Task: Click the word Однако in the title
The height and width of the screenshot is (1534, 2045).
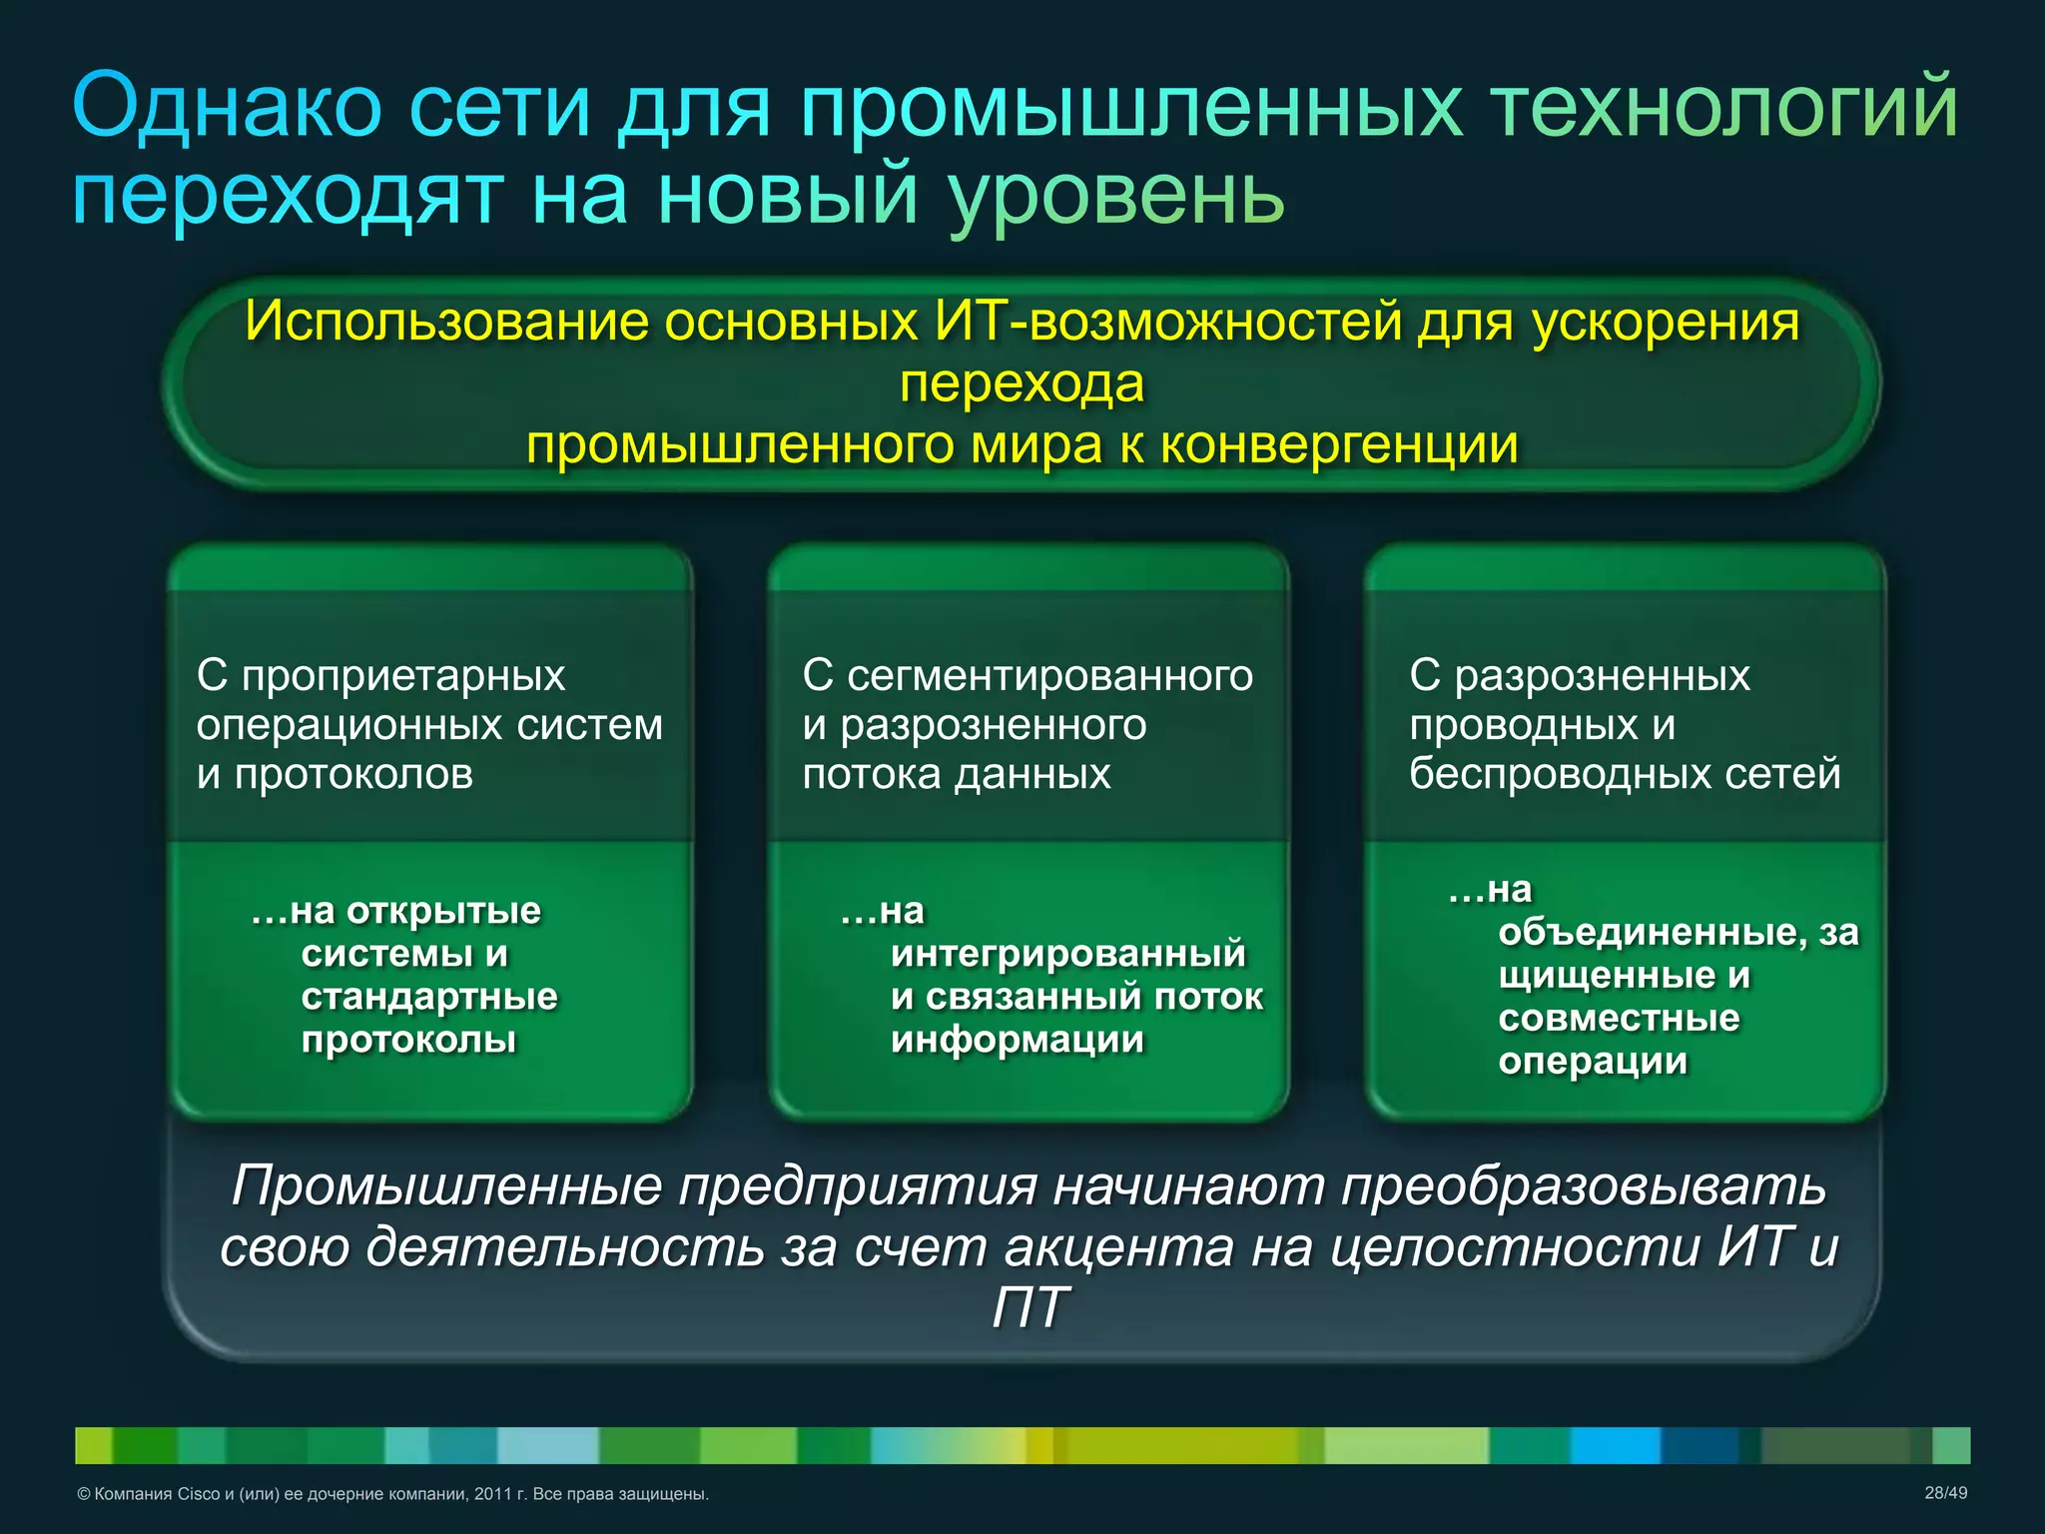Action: click(x=228, y=107)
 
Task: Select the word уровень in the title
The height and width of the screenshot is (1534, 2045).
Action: click(x=1115, y=197)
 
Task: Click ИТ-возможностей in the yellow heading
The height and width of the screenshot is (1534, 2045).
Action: click(x=1169, y=322)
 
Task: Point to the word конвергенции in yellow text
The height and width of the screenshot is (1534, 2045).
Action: click(x=1338, y=444)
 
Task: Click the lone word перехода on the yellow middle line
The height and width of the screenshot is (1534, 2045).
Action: click(x=1022, y=383)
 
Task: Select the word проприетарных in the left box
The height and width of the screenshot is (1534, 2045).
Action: click(x=403, y=676)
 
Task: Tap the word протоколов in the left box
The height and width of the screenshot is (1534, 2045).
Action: click(x=353, y=774)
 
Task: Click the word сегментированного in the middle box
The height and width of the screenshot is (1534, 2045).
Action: click(x=1049, y=676)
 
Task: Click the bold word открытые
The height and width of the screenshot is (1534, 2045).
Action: click(x=443, y=911)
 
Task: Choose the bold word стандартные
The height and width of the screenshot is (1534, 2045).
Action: click(x=429, y=997)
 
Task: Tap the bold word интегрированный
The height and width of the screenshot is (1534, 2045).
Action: click(x=1068, y=954)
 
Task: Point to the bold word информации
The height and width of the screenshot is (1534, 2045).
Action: click(x=1018, y=1040)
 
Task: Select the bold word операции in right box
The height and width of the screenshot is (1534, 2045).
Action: click(x=1593, y=1061)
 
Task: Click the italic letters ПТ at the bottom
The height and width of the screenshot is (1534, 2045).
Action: click(x=1030, y=1307)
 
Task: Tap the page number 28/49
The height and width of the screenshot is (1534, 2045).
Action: click(x=1945, y=1493)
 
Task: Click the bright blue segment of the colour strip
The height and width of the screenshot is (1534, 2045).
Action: click(x=1615, y=1445)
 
